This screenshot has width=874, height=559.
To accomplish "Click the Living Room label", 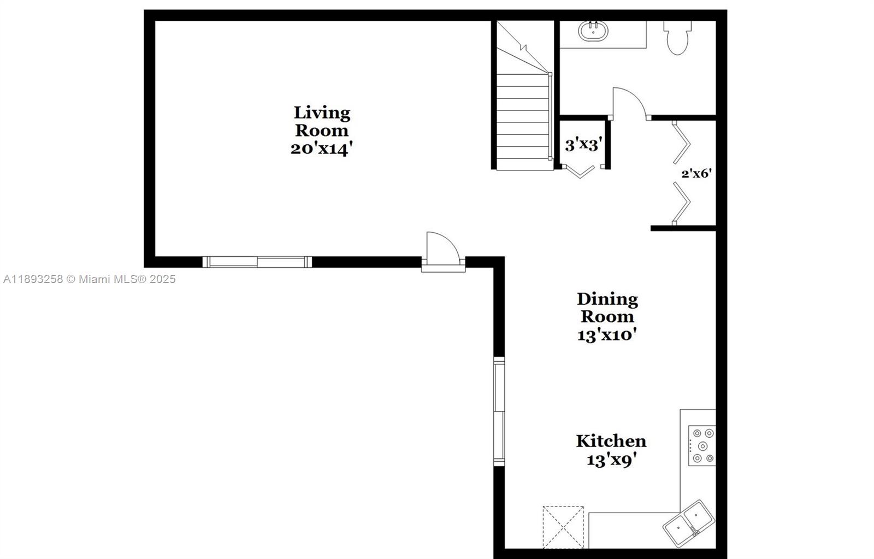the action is pos(322,121).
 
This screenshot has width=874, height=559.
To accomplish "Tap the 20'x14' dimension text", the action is pos(322,148).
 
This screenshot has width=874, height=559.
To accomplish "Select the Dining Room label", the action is pos(607,308).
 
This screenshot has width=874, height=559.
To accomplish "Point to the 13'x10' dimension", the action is pos(607,335).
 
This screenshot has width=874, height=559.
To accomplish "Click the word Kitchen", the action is pos(611,441).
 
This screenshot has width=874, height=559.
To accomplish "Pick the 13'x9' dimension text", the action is pos(611,460).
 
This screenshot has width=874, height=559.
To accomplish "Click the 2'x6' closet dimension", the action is pos(696,173).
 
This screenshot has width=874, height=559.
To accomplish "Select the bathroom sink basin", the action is pos(593,31).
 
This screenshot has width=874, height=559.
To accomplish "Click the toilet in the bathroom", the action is pos(678,38).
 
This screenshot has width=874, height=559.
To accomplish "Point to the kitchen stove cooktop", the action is pos(701,445).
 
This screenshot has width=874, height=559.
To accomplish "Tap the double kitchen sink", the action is pos(689,523).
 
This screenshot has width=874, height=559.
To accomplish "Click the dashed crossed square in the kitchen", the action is pos(563,527).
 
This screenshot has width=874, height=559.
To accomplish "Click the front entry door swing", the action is pos(443,251).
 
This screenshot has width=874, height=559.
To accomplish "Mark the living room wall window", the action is pos(257,262).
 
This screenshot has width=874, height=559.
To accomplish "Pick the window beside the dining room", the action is pos(499,411).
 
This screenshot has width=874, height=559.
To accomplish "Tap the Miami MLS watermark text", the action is pos(90,279).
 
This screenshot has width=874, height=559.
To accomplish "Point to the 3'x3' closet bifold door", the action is pos(580,172).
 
